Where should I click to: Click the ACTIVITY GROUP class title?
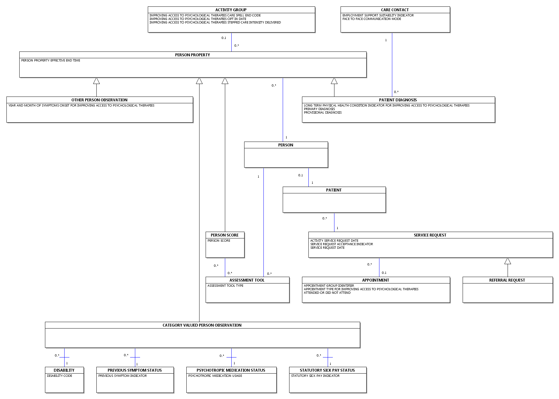[x=231, y=10]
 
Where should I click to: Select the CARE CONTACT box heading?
[x=395, y=10]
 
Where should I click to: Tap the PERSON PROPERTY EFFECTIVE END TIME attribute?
[x=51, y=60]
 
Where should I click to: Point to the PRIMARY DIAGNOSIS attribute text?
[x=319, y=109]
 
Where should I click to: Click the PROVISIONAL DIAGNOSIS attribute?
[x=323, y=113]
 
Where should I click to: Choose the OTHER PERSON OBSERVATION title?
[x=99, y=100]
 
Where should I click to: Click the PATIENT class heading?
[x=334, y=190]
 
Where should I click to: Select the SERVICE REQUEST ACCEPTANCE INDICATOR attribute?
[x=342, y=244]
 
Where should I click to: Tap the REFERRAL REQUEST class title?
[x=507, y=280]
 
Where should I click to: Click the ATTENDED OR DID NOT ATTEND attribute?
[x=327, y=293]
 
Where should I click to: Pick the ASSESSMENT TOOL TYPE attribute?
[x=225, y=286]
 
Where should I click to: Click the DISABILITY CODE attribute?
[x=59, y=376]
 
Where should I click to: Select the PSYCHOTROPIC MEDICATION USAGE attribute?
[x=215, y=376]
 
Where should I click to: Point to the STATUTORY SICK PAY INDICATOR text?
[x=315, y=376]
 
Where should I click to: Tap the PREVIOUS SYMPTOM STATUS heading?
[x=135, y=370]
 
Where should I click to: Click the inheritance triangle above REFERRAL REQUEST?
[x=508, y=261]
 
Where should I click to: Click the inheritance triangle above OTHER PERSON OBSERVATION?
[x=96, y=81]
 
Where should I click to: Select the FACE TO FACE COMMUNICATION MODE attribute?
[x=372, y=19]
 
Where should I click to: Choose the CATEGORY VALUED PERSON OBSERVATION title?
[x=202, y=325]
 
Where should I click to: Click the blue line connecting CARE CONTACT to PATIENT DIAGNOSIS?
[x=392, y=65]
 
